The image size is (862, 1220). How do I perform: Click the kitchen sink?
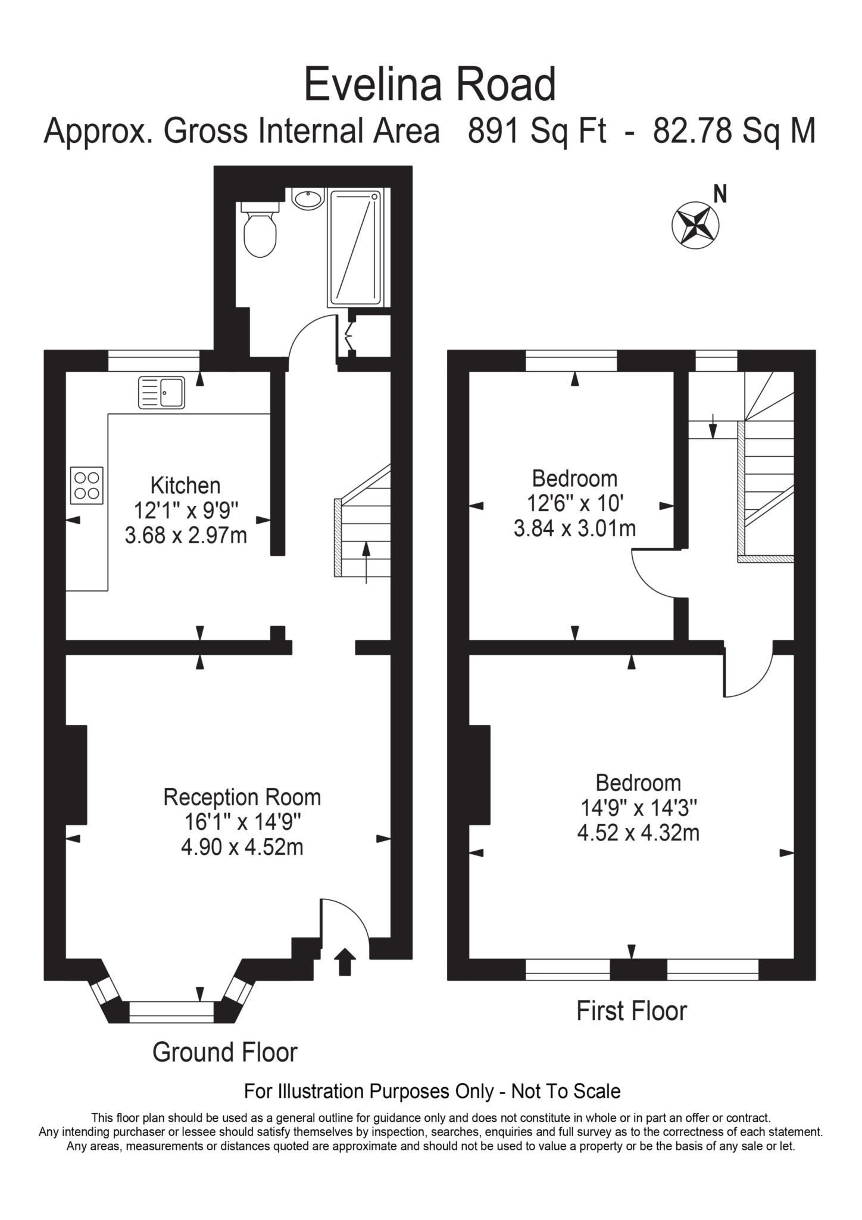coord(162,393)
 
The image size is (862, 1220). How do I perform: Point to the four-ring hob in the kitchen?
coord(87,485)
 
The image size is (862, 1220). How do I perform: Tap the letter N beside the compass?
coord(720,194)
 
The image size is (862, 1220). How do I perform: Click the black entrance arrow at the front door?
coord(345,962)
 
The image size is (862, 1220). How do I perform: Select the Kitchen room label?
coord(185,485)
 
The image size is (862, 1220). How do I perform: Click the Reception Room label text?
coord(242,797)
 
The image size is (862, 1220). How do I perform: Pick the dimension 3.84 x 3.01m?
coord(574,528)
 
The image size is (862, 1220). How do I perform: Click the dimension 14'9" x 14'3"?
coord(638,808)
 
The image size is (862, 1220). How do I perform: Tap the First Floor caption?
coord(631,1011)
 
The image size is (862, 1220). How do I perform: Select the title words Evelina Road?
coord(430,85)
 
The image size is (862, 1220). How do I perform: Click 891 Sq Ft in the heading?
coord(537,130)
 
